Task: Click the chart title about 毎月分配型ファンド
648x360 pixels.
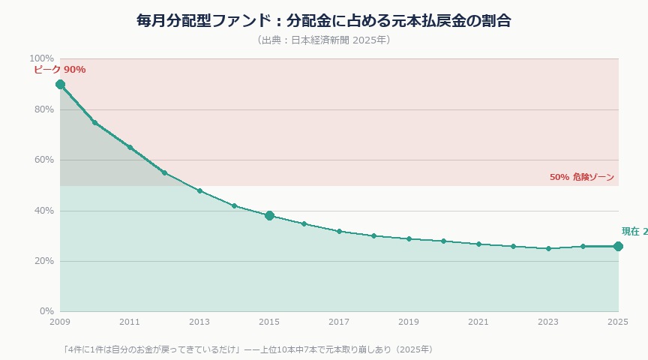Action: coord(324,20)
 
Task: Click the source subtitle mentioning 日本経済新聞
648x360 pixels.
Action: coord(324,40)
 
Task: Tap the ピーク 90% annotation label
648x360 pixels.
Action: coord(60,70)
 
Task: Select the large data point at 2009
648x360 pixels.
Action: coord(60,84)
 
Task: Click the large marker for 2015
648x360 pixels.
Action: coord(269,215)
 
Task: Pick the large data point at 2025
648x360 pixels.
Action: coord(618,246)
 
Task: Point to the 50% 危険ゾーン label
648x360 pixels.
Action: coord(582,178)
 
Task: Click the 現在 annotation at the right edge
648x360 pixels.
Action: coord(634,232)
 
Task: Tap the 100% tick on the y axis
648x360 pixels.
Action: coord(41,58)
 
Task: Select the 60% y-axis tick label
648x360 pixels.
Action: coord(43,160)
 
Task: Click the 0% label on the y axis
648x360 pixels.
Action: coord(46,311)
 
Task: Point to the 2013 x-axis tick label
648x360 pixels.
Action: coord(199,322)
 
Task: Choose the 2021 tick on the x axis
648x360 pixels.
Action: coord(478,322)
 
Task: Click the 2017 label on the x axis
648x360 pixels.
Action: coord(339,322)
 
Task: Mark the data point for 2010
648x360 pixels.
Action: coord(94,122)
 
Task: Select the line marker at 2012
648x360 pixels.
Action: coord(164,172)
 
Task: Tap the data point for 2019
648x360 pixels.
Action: coord(409,238)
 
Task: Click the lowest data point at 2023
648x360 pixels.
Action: coord(548,248)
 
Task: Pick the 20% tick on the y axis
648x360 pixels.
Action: coord(43,261)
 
